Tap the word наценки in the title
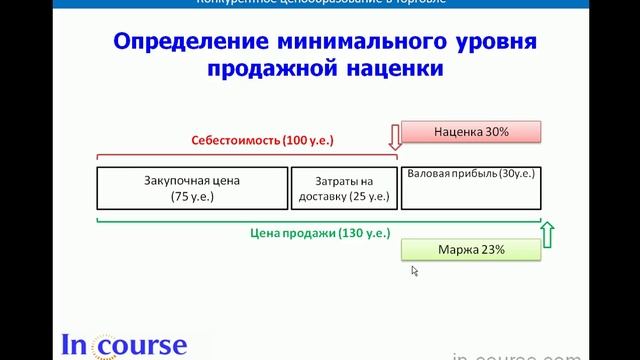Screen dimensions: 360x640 [381, 71]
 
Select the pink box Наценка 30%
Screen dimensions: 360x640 [471, 132]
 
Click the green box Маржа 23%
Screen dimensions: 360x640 [471, 249]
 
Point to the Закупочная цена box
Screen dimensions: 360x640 [193, 187]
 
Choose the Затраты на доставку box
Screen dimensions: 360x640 [343, 187]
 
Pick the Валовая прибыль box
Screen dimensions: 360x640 [469, 187]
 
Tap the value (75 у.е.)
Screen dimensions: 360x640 [193, 197]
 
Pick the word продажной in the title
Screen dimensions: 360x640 [264, 71]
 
